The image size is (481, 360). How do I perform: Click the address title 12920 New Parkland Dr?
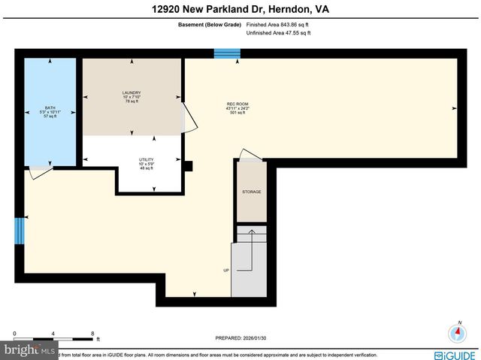pos(240,9)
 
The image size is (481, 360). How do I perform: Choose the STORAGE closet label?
pos(252,192)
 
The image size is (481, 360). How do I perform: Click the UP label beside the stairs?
pos(225,270)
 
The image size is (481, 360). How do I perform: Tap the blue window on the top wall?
pos(227,53)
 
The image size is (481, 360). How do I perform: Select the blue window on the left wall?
pos(20,231)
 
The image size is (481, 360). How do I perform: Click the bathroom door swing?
pos(39,172)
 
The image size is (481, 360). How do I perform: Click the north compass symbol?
pos(457,333)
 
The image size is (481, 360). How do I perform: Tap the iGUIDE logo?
pos(455,355)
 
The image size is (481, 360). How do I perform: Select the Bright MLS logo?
pos(29,350)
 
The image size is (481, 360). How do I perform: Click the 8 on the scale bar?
pos(92,333)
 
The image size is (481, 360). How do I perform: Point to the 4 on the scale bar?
pos(53,333)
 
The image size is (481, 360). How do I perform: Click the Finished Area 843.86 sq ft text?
pos(277,25)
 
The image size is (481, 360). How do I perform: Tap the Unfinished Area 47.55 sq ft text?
pos(278,33)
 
